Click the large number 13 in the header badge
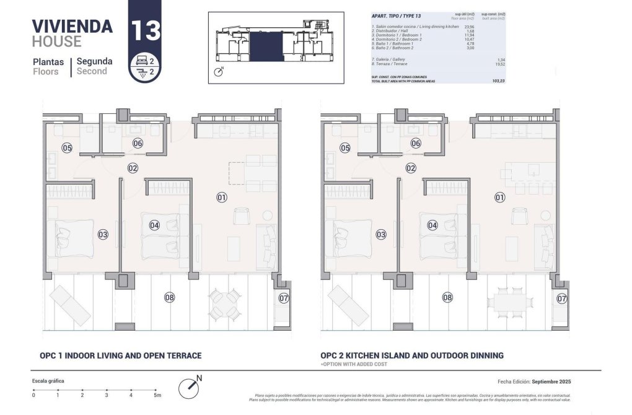144,30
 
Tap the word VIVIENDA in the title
72,26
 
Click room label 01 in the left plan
221,198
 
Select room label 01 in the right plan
499,198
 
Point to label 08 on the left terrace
169,297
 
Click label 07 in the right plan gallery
562,299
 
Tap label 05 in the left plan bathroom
67,147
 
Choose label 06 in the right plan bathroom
416,143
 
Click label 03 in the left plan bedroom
103,235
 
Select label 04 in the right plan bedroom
432,225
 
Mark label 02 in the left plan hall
133,168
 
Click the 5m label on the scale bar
157,395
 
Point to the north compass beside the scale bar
190,388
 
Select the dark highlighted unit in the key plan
266,47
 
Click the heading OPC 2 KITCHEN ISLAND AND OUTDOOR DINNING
411,356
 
